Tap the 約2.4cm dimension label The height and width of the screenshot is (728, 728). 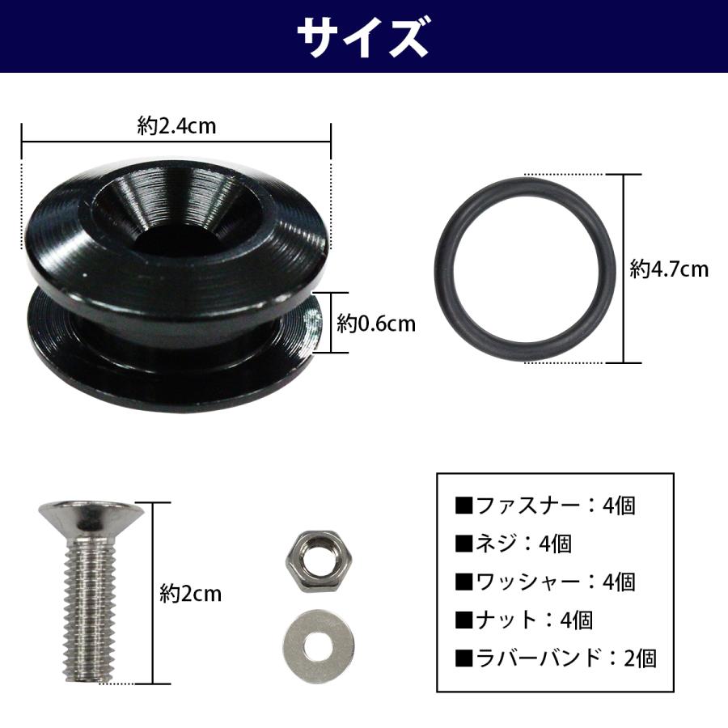pos(176,125)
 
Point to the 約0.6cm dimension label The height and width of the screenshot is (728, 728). pos(376,324)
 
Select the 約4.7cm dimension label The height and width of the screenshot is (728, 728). pos(669,269)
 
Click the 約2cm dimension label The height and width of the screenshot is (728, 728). pos(190,594)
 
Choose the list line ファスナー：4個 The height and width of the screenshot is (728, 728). pos(545,506)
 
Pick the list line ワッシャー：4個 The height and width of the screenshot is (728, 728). pos(545,582)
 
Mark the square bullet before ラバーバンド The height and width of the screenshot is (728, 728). pos(464,658)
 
